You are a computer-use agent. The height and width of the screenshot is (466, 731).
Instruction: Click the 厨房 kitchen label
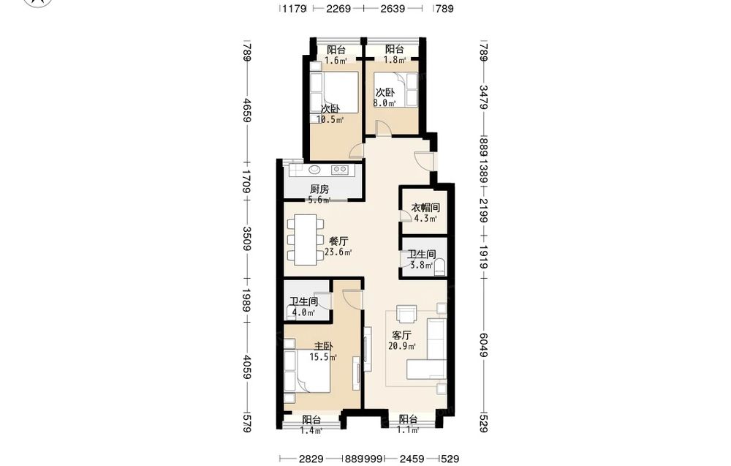(x=319, y=189)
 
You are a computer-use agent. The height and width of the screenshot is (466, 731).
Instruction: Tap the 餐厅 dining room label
(x=338, y=241)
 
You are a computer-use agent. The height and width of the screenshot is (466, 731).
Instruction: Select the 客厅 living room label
(x=402, y=335)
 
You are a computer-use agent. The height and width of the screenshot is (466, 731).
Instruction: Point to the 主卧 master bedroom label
(x=324, y=347)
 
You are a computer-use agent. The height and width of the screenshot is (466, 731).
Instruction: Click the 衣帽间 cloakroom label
(x=425, y=208)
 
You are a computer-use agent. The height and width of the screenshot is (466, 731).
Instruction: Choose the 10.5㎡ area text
(x=330, y=120)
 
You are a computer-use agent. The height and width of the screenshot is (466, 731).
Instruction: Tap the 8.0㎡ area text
(x=385, y=103)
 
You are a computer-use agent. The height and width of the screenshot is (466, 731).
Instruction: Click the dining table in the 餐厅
(x=305, y=239)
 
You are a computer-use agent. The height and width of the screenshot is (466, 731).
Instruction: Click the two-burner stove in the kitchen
(x=339, y=170)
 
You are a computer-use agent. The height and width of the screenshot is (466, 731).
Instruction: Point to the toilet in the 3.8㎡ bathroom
(x=439, y=268)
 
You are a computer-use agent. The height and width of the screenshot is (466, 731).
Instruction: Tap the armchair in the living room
(x=406, y=314)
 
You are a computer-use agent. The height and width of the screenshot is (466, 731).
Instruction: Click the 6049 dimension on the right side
(x=484, y=345)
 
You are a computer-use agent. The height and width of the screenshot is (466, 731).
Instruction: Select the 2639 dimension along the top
(x=393, y=8)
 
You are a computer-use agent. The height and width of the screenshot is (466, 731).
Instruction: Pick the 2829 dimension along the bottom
(x=311, y=459)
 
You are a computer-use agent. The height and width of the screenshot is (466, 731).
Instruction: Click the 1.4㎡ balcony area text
(x=311, y=431)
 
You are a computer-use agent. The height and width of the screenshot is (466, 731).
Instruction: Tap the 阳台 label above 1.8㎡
(x=395, y=50)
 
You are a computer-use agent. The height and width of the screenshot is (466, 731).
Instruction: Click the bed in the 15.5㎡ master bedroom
(x=307, y=372)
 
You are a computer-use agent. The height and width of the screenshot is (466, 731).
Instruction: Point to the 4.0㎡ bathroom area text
(x=303, y=313)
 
